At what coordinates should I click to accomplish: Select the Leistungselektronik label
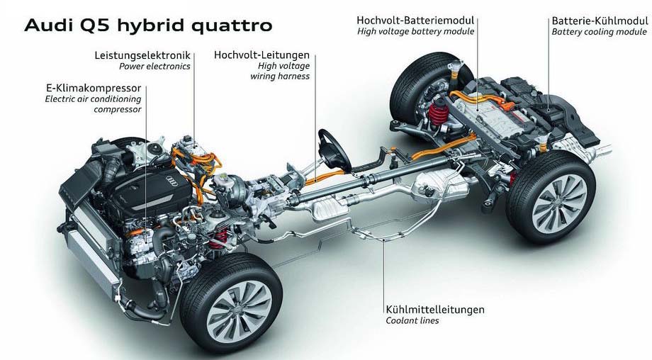[x=142, y=55]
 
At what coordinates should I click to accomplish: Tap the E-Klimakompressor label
[x=93, y=88]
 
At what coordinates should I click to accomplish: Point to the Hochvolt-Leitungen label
[x=262, y=54]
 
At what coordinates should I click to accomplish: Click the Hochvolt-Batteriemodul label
[x=415, y=20]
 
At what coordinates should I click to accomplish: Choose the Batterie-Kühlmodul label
[x=599, y=21]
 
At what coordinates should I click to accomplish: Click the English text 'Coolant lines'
[x=412, y=321]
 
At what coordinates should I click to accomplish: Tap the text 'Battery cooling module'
[x=599, y=32]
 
